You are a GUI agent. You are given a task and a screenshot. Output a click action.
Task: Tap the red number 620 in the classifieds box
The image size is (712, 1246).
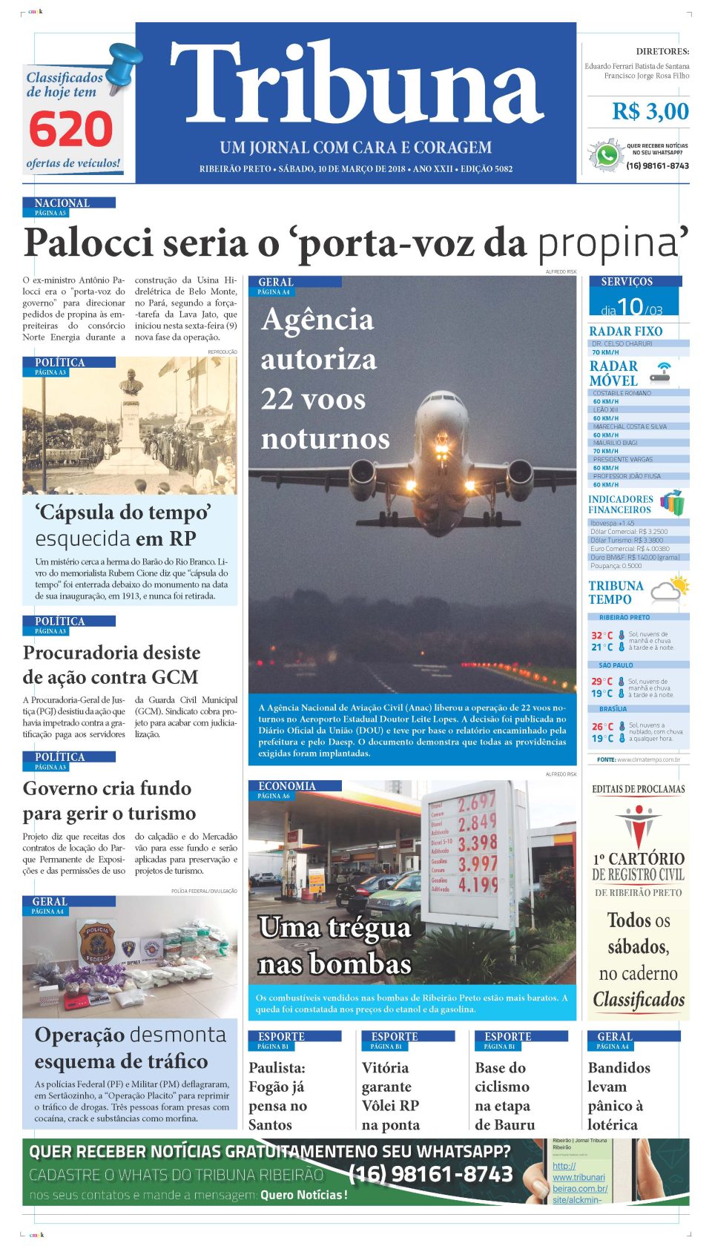70,130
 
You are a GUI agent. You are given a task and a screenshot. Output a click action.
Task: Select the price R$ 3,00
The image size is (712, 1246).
650,112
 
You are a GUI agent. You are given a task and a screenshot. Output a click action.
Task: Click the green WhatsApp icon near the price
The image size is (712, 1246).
607,156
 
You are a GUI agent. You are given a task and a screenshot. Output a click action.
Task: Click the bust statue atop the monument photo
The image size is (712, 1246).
131,382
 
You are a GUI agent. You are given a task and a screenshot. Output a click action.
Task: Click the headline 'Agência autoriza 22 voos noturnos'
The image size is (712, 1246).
325,379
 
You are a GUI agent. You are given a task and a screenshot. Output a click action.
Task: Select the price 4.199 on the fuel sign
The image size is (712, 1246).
477,884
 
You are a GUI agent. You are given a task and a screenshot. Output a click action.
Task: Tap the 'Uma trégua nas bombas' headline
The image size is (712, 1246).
334,946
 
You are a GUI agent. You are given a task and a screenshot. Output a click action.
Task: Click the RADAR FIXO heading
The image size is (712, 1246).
625,332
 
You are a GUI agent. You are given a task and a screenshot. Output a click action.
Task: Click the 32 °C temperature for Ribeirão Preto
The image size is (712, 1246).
601,636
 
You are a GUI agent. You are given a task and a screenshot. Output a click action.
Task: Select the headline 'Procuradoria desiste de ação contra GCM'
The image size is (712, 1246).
111,665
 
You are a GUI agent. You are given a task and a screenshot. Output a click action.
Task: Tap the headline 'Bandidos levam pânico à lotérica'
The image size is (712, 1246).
619,1095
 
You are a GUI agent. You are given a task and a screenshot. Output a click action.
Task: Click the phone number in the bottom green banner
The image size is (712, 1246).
430,1174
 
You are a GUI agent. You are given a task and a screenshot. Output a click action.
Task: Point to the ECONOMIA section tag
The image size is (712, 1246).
287,786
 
